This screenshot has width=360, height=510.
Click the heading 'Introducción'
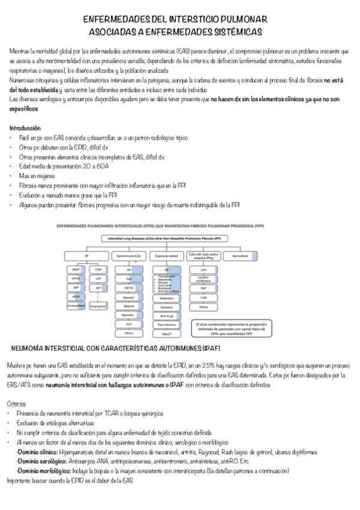point(25,128)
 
